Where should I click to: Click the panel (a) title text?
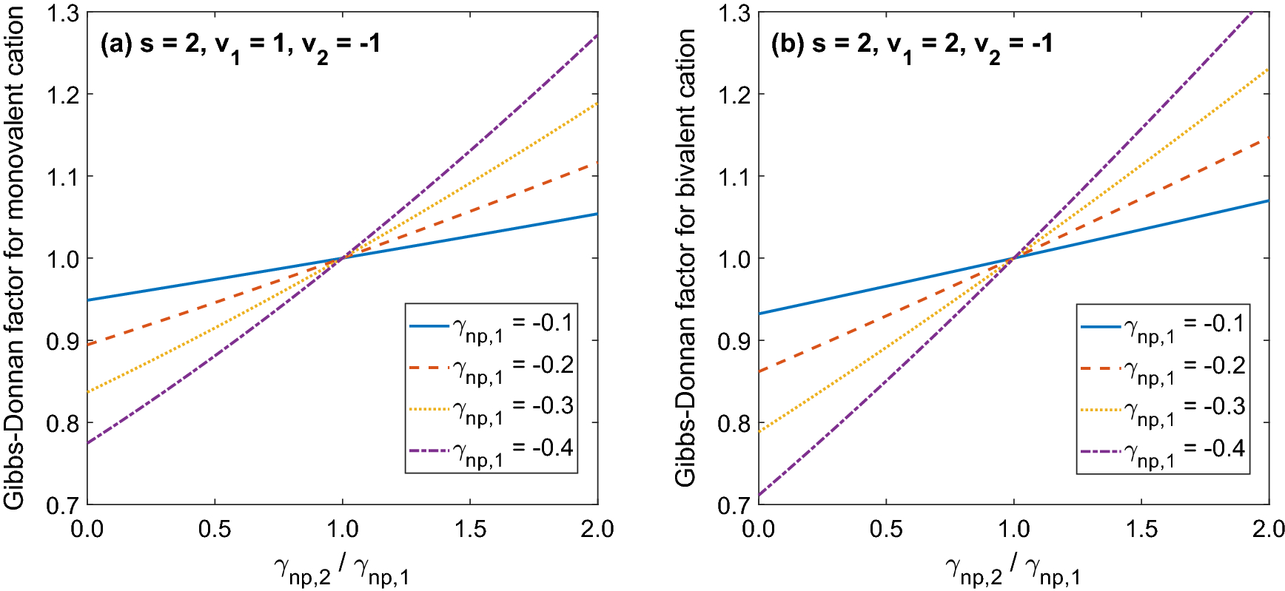[x=240, y=45]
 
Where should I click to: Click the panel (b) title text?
[x=911, y=45]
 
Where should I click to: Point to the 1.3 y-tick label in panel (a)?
[x=62, y=13]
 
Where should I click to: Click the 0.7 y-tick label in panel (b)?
[x=734, y=506]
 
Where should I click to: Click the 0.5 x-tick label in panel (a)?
[x=215, y=530]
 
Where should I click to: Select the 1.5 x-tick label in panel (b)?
[x=1141, y=530]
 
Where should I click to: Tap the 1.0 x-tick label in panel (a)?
[x=342, y=530]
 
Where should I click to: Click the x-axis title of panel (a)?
[x=341, y=570]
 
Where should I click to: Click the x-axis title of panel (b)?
[x=1013, y=570]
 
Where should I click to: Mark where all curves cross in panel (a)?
[x=342, y=258]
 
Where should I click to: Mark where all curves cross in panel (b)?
[x=1013, y=258]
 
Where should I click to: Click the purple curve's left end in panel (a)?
[x=88, y=443]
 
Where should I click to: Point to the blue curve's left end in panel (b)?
[x=759, y=314]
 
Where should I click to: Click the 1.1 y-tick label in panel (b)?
[x=734, y=177]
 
